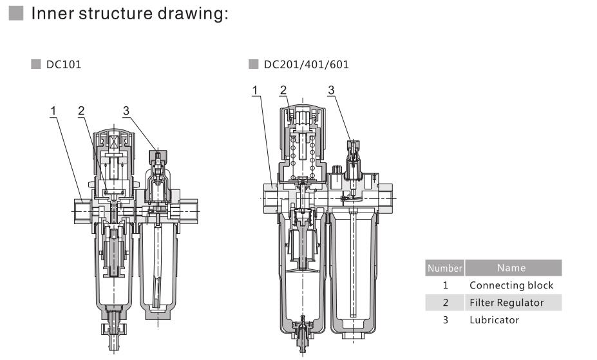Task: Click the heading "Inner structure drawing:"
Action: tap(129, 14)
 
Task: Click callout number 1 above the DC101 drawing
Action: tap(55, 111)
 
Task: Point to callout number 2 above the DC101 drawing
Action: tap(81, 111)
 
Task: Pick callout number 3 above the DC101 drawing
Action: tap(126, 111)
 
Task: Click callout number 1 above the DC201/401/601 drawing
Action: tap(256, 90)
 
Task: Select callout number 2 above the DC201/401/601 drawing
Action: tap(283, 90)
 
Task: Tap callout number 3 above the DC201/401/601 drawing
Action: tap(331, 90)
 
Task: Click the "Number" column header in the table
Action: tap(444, 268)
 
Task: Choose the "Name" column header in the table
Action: tap(512, 268)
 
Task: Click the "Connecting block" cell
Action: tap(511, 285)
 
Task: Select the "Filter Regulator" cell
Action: tap(506, 303)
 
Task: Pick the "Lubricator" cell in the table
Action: tap(494, 320)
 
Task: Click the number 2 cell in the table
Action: tap(444, 303)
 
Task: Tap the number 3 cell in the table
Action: tap(444, 320)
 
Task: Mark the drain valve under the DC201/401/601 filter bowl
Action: tap(303, 335)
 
